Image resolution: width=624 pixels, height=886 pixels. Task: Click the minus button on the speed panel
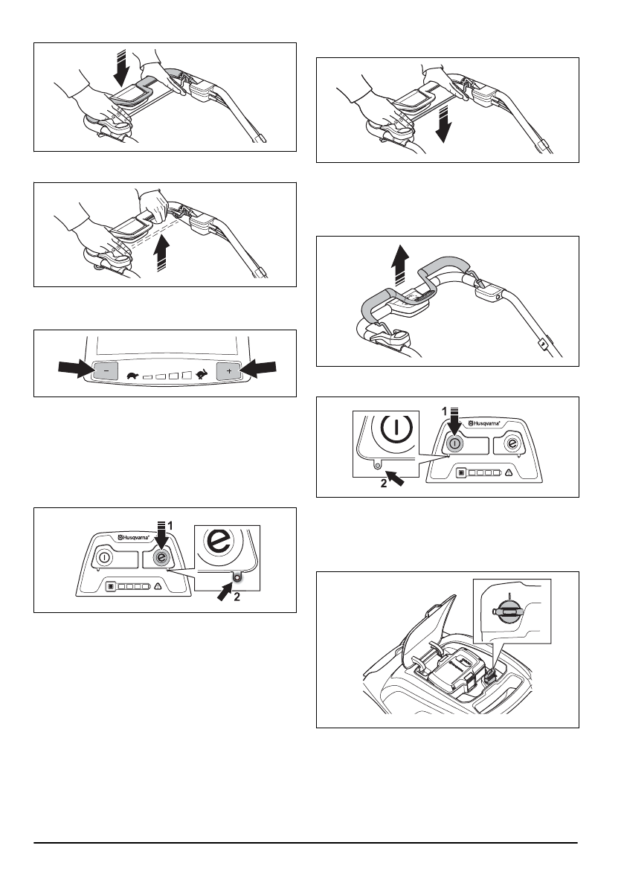(x=106, y=370)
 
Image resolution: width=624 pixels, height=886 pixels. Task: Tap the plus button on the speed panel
(x=228, y=370)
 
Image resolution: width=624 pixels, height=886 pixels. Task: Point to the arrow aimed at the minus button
(x=74, y=367)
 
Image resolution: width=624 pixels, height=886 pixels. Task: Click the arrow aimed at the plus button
(x=262, y=367)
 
